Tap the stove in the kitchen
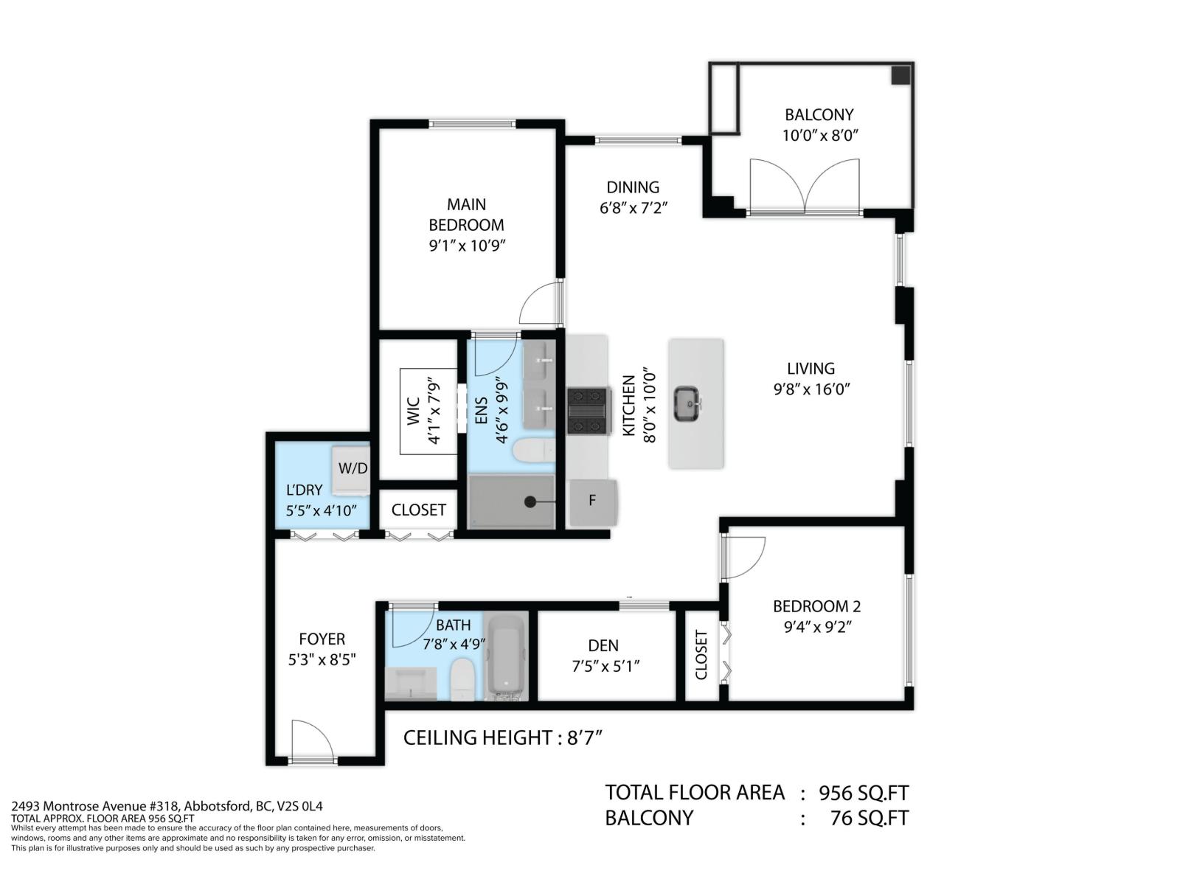click(588, 411)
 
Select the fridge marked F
click(592, 502)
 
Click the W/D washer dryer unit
click(352, 468)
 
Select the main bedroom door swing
click(541, 304)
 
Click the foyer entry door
click(313, 742)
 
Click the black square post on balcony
click(900, 75)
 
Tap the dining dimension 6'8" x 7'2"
click(633, 208)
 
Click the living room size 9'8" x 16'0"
click(811, 389)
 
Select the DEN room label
click(603, 645)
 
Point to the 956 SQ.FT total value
click(864, 793)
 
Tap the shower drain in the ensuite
click(530, 502)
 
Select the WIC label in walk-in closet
click(413, 412)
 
